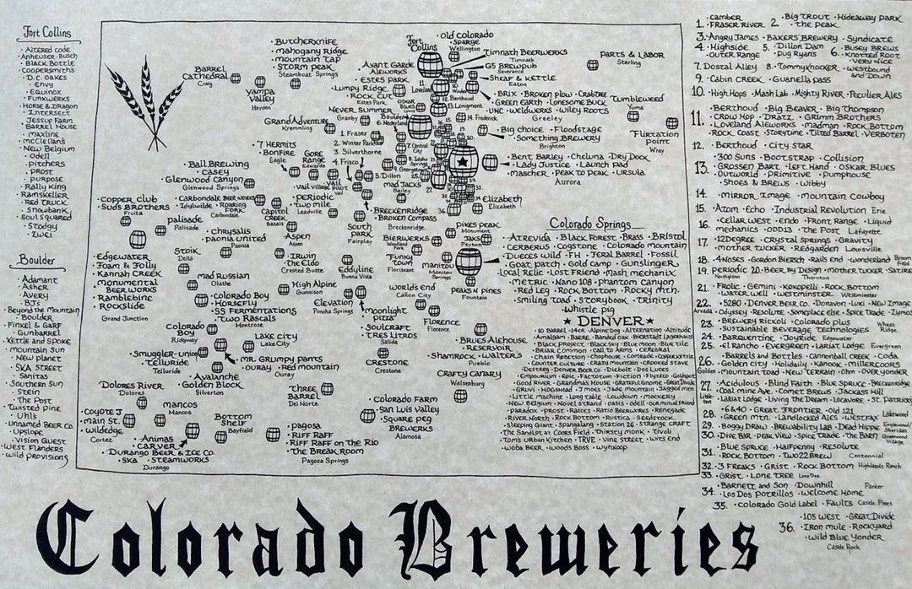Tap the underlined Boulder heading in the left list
(x=35, y=262)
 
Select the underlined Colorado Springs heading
(x=590, y=224)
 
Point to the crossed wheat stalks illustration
(x=156, y=101)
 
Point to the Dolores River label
(x=131, y=385)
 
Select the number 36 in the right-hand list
(x=787, y=528)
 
